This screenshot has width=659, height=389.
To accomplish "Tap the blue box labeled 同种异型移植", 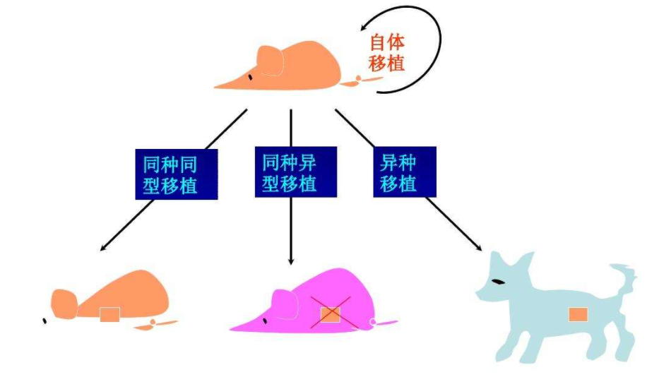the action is pos(290,173).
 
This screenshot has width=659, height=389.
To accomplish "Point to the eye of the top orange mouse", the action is pos(249,76).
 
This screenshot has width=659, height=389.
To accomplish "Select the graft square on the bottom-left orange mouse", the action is pos(109,314).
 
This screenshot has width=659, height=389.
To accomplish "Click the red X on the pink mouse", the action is pos(331,313).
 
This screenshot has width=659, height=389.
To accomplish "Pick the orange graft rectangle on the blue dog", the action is pos(578,314).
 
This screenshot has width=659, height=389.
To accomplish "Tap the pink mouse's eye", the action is pos(265,321).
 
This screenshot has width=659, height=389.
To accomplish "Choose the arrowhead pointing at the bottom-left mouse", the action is pos(104,248).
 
